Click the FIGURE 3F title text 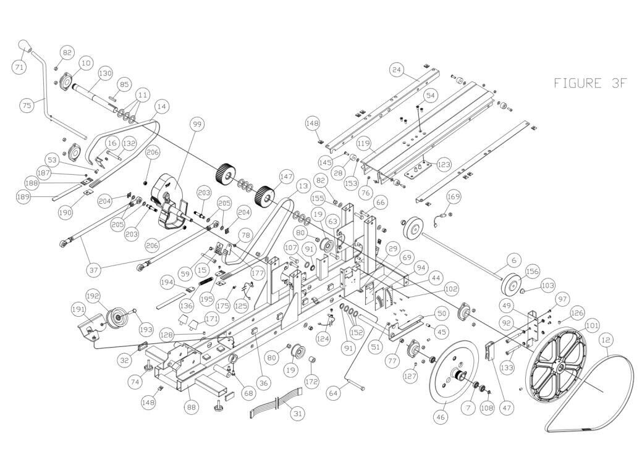(x=591, y=83)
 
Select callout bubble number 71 (x=19, y=67)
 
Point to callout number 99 (x=197, y=124)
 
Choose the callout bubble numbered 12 (x=607, y=340)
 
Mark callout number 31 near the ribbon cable (x=298, y=414)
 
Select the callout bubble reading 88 (x=192, y=407)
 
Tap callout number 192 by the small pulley (x=93, y=296)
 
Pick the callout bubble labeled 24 (x=396, y=70)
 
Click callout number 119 (x=363, y=143)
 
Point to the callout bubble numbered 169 (x=454, y=197)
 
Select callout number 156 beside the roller (x=532, y=271)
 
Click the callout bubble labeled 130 (x=105, y=74)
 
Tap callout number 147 (x=286, y=177)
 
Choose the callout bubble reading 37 (x=95, y=270)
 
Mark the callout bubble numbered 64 (x=334, y=394)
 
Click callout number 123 (x=444, y=164)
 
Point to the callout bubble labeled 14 (x=162, y=106)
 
